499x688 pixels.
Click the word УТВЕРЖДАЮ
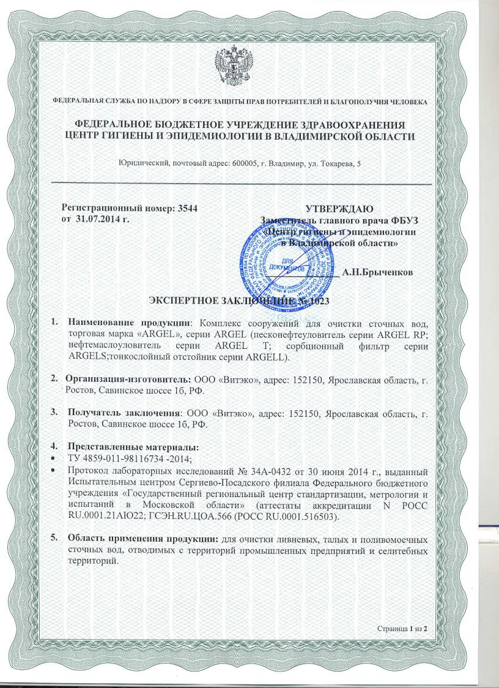point(339,208)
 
